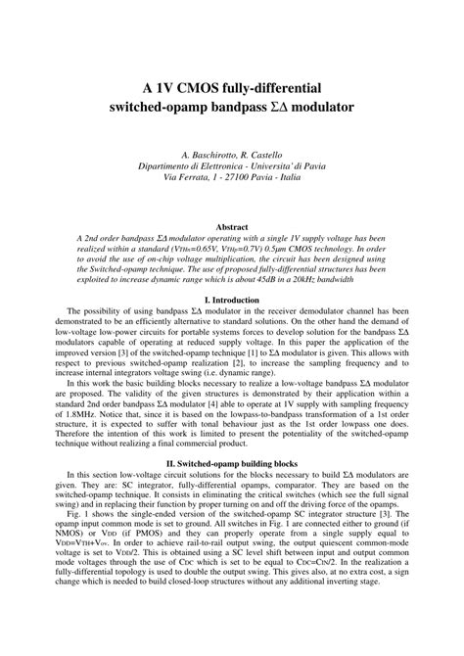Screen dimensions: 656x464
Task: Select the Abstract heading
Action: [x=231, y=224]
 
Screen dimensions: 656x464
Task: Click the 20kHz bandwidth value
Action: [x=321, y=279]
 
